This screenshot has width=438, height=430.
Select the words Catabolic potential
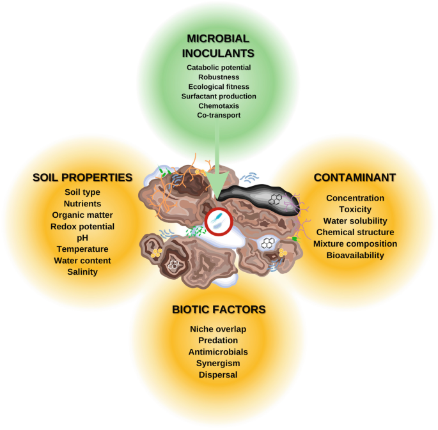click(x=218, y=67)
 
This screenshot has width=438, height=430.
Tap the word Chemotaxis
click(x=218, y=106)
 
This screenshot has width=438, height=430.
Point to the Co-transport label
click(x=218, y=116)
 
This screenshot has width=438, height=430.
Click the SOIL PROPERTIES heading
click(x=82, y=177)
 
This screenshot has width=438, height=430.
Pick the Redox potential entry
click(x=82, y=226)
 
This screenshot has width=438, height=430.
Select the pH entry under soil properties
click(x=82, y=238)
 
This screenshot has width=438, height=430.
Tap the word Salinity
click(x=82, y=272)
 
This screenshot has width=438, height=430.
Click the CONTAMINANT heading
click(x=355, y=177)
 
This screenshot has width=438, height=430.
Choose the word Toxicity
click(x=355, y=209)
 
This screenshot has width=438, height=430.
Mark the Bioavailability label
click(x=355, y=255)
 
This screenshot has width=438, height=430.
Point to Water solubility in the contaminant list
click(x=355, y=220)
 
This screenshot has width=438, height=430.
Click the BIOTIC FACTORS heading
click(x=219, y=310)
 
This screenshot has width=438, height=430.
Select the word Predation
click(x=219, y=341)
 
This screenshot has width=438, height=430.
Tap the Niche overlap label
click(x=219, y=329)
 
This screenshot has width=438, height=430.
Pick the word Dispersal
click(x=219, y=375)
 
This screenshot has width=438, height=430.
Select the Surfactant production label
click(x=218, y=96)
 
